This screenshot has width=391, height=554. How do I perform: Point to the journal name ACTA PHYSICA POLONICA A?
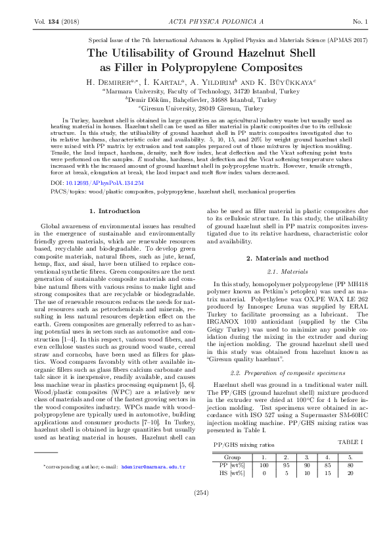tap(195, 22)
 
